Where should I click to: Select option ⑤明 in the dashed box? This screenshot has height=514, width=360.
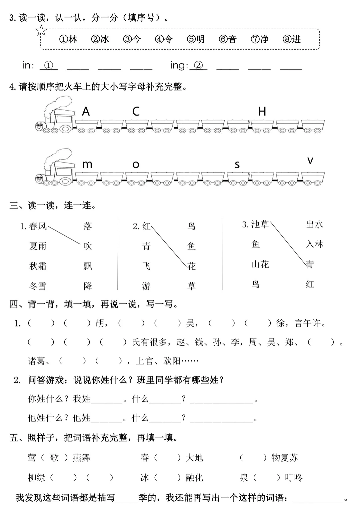point(196,39)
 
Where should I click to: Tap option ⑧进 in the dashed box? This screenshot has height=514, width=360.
point(292,39)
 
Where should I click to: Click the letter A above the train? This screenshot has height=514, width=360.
point(86,111)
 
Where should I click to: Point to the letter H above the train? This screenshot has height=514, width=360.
point(262,111)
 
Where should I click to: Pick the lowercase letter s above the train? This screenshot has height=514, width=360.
point(237,165)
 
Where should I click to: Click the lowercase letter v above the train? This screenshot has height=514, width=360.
point(310,161)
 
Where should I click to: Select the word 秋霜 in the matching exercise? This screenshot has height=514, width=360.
point(38,266)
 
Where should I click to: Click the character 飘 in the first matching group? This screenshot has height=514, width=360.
point(88,266)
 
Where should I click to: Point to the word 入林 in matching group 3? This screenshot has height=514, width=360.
point(314,245)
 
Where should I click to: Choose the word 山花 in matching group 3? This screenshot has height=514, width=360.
point(260,264)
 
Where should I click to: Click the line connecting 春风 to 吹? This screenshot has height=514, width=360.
point(64,235)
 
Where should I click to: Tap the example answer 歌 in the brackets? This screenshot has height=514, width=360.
point(54,458)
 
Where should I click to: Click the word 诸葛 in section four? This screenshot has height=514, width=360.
point(36,361)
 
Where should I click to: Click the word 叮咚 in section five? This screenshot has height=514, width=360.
point(294,478)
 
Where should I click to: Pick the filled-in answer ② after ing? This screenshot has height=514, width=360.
point(198,65)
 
